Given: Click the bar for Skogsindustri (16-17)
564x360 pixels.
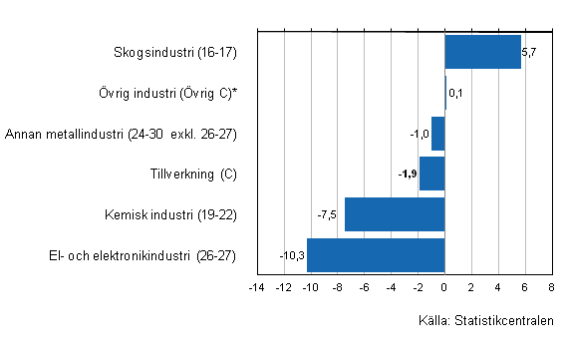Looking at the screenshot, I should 482,52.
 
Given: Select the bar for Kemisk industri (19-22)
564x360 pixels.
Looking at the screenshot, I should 395,214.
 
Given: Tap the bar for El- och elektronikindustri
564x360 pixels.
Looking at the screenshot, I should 376,255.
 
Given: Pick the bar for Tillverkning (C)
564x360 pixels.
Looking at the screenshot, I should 431,174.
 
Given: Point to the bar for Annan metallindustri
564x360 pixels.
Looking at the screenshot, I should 437,134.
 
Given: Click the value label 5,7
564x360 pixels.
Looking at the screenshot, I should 529,52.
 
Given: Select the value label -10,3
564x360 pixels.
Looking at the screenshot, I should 293,255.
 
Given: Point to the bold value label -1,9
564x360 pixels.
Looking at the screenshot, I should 407,175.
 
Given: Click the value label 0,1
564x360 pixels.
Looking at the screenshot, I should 455,93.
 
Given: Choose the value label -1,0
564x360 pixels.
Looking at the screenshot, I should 420,134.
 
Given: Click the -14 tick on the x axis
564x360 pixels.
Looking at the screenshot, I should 256,288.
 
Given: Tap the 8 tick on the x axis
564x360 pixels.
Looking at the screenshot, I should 551,288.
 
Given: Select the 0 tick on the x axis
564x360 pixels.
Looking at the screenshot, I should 444,288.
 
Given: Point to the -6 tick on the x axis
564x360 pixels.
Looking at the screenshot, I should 363,288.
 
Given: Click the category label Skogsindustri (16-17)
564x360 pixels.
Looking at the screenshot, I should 177,52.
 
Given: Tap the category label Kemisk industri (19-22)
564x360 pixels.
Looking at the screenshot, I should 170,214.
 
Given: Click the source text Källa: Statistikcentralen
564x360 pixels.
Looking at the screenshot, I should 486,321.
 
